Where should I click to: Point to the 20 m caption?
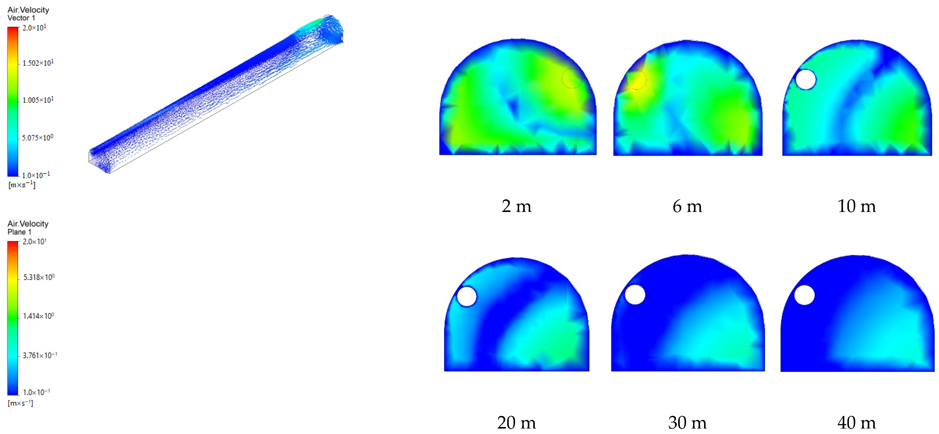(x=517, y=422)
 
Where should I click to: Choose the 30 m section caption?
(x=687, y=422)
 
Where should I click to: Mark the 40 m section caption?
(x=856, y=422)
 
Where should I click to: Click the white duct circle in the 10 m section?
(x=806, y=79)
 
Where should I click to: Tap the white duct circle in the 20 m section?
(x=467, y=296)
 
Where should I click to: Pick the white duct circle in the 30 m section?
(x=635, y=295)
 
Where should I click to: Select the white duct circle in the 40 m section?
(x=804, y=295)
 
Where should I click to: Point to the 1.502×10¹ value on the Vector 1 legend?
(x=38, y=63)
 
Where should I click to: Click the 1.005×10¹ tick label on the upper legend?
(x=38, y=100)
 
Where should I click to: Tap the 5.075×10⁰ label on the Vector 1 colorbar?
(x=37, y=138)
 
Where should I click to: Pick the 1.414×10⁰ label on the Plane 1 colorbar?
(x=38, y=316)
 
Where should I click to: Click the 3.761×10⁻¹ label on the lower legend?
(x=40, y=355)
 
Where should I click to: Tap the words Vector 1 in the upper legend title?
(x=21, y=18)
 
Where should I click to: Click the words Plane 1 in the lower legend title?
(x=19, y=232)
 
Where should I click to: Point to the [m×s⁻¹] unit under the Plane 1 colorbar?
(x=20, y=403)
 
